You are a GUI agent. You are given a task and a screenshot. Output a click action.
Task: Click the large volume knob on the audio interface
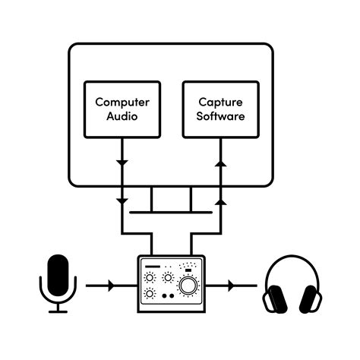[x=188, y=286]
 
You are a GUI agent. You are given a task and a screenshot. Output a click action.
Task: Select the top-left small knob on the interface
[x=150, y=278]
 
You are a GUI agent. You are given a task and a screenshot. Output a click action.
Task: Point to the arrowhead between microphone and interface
[x=112, y=286]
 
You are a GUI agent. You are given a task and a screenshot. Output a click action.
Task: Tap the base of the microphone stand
[x=58, y=311]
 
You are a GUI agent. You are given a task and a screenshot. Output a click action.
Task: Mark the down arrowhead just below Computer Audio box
[x=121, y=163]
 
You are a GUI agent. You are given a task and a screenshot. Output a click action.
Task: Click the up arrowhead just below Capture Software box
[x=220, y=163]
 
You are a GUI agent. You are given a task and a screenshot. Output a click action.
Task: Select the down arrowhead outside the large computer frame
[x=121, y=201]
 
